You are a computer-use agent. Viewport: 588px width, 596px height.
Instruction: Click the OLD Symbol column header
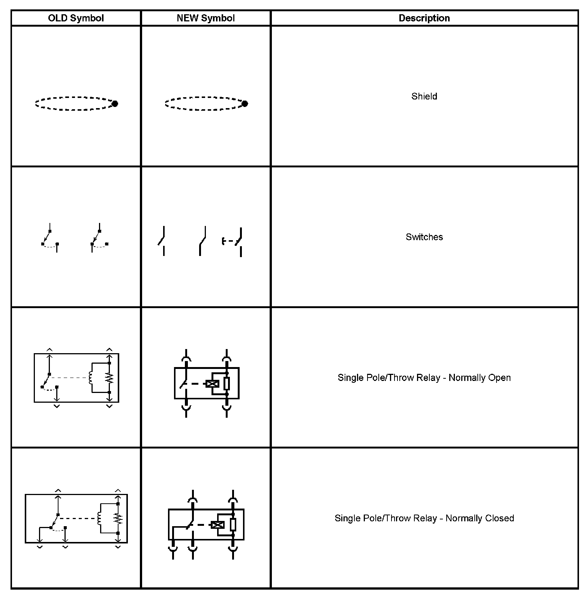click(76, 18)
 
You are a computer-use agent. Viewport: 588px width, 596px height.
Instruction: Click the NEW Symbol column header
click(205, 18)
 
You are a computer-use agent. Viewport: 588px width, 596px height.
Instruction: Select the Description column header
click(424, 18)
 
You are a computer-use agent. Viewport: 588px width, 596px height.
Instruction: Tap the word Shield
click(424, 96)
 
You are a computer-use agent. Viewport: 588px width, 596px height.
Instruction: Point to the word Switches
click(424, 237)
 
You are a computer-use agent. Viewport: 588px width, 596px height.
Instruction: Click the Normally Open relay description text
click(424, 378)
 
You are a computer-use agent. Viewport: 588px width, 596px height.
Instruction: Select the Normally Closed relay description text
click(424, 518)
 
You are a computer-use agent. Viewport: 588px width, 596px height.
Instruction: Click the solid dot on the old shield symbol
click(115, 104)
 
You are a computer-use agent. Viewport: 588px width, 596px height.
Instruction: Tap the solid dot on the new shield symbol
click(245, 104)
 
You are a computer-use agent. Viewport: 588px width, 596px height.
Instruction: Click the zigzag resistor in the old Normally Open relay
click(109, 378)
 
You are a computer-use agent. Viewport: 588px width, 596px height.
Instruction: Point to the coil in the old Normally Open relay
click(90, 378)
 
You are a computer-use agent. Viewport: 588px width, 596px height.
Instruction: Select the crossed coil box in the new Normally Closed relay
click(217, 525)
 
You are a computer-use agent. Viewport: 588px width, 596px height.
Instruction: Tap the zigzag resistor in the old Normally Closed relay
click(118, 519)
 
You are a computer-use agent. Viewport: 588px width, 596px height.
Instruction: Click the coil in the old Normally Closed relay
click(99, 519)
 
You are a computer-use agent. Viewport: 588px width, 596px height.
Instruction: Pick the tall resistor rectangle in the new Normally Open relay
click(226, 384)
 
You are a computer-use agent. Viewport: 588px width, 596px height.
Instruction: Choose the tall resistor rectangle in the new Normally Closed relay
click(233, 524)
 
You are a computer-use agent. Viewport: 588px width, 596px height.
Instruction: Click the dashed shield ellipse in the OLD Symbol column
click(73, 104)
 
